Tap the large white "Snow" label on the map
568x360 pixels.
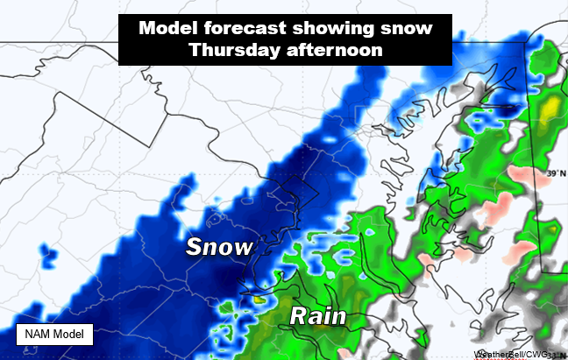[x=218, y=247]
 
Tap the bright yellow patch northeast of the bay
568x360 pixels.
[x=548, y=111]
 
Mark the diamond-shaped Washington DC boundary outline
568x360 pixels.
[x=289, y=195]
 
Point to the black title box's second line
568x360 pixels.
[x=286, y=51]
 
